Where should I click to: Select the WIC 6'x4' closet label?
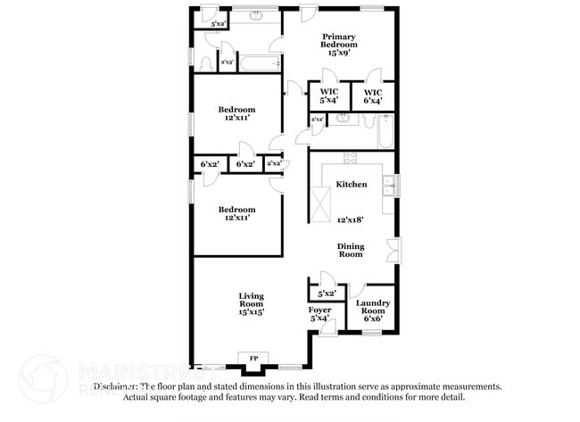click(372, 96)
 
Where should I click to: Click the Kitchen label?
click(351, 185)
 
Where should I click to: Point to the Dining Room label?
click(350, 250)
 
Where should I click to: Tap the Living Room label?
click(251, 304)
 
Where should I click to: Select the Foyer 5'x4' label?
click(319, 314)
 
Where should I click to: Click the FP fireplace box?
click(253, 359)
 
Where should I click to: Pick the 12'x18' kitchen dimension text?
click(351, 219)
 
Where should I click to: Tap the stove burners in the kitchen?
click(351, 159)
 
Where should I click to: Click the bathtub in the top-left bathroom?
click(261, 63)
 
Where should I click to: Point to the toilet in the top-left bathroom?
click(207, 63)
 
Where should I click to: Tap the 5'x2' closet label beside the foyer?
click(327, 293)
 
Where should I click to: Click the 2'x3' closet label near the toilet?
click(228, 62)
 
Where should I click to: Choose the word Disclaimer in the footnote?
click(112, 386)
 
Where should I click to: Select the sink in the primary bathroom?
click(343, 118)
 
